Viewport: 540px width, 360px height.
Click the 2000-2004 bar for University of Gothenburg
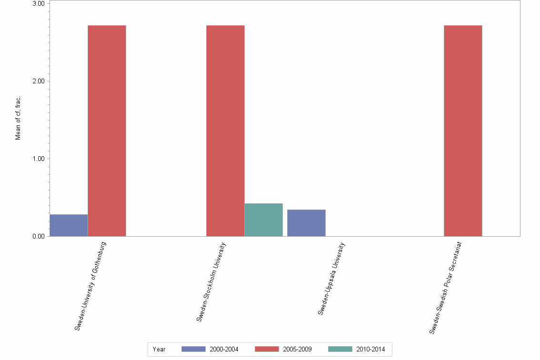pyautogui.click(x=69, y=225)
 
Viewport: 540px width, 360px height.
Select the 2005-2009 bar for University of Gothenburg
pyautogui.click(x=107, y=130)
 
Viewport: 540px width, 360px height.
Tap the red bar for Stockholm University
pyautogui.click(x=225, y=130)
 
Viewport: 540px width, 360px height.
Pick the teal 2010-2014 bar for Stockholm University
pyautogui.click(x=263, y=220)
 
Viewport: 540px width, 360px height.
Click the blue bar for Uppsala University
pyautogui.click(x=306, y=223)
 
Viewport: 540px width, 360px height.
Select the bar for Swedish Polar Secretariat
pyautogui.click(x=463, y=130)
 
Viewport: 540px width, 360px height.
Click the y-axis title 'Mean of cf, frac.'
pyautogui.click(x=18, y=118)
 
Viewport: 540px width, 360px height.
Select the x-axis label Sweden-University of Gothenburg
pyautogui.click(x=90, y=286)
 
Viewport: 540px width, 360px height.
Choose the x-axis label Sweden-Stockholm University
pyautogui.click(x=211, y=282)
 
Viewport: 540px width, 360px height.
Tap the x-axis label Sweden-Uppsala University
pyautogui.click(x=331, y=279)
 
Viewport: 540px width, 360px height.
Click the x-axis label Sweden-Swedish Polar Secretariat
pyautogui.click(x=446, y=288)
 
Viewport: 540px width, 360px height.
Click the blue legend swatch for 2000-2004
pyautogui.click(x=193, y=349)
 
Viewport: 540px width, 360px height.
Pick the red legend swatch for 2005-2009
pyautogui.click(x=267, y=349)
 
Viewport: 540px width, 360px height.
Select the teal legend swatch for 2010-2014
pyautogui.click(x=340, y=349)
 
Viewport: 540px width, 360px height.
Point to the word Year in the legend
pyautogui.click(x=159, y=349)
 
